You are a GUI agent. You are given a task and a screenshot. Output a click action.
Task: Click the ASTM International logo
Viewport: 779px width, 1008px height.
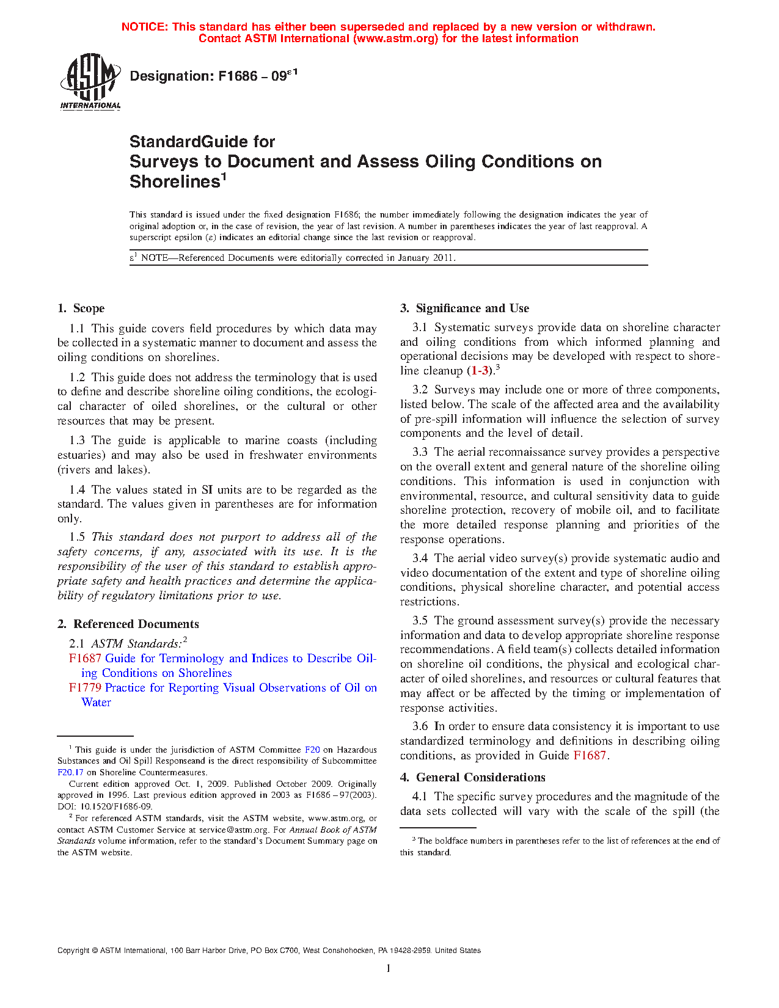coord(90,81)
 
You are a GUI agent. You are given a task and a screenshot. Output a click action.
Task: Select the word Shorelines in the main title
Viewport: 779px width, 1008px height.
coord(174,182)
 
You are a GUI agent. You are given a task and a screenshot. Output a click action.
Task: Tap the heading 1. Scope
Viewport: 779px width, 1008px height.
coord(81,309)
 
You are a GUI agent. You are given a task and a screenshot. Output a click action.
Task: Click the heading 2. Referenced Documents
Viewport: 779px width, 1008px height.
coord(128,624)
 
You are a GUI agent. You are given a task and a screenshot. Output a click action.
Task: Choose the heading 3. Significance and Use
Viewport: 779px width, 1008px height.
coord(465,309)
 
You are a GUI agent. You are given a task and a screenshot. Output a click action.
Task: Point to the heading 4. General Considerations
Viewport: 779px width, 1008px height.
coord(473,778)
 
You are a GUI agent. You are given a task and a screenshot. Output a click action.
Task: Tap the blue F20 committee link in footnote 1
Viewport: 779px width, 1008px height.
coord(312,750)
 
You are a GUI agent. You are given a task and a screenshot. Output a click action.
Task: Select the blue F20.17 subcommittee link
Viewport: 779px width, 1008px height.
coord(70,772)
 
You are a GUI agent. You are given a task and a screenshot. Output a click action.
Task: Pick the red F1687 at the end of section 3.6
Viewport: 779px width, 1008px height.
coord(590,756)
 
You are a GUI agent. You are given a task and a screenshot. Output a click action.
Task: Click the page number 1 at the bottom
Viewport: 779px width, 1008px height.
coord(388,968)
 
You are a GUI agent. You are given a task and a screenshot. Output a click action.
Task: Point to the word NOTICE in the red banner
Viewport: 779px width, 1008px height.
coord(144,27)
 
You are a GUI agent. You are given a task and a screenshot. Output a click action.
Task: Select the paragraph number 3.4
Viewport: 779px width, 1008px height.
coord(420,558)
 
